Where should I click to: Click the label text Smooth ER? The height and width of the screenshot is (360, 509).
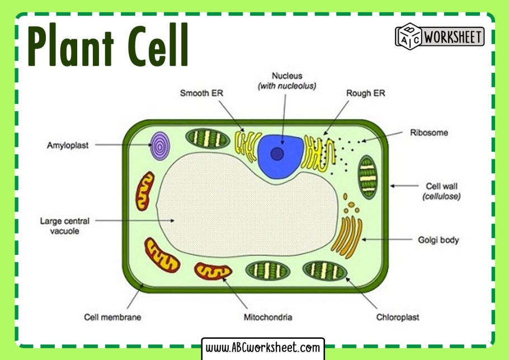click(x=201, y=93)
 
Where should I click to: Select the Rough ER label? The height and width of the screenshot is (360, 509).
click(x=366, y=93)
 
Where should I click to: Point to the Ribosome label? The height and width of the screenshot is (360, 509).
click(x=429, y=133)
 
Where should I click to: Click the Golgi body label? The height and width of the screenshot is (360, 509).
click(x=438, y=240)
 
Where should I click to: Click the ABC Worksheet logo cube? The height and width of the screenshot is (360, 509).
click(x=408, y=36)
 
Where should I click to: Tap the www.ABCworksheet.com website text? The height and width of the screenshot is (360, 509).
click(x=263, y=348)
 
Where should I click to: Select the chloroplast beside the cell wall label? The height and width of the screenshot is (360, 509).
click(x=368, y=177)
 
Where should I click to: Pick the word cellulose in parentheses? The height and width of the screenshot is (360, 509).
click(x=441, y=197)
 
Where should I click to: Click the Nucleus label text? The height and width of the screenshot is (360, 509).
click(x=287, y=75)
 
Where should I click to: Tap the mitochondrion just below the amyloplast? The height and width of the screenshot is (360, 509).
click(x=144, y=191)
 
